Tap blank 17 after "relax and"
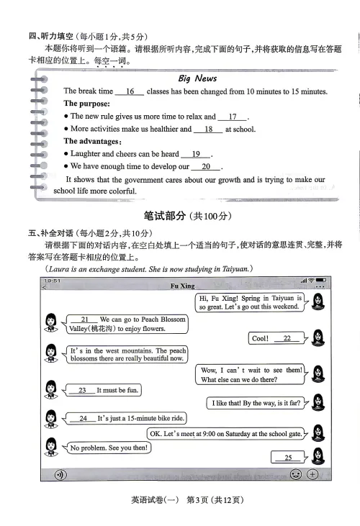(233, 117)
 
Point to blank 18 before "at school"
(209, 130)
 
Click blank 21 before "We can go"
(85, 319)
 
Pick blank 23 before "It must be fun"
(82, 390)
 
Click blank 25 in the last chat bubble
(288, 458)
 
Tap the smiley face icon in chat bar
(295, 474)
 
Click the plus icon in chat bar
(312, 474)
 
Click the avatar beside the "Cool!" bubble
(318, 337)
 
